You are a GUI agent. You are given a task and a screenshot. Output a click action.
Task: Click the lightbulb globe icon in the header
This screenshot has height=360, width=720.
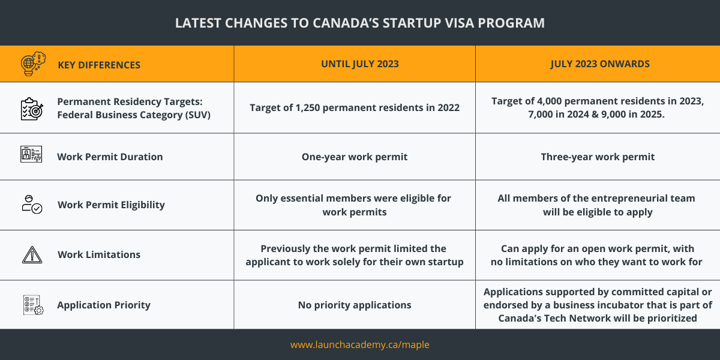[33, 64]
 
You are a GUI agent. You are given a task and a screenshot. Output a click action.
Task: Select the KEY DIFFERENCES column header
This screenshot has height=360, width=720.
[99, 65]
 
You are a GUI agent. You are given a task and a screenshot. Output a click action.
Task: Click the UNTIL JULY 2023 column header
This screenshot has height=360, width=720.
[359, 64]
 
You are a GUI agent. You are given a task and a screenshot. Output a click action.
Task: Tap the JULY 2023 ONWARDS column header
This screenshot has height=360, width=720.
[600, 64]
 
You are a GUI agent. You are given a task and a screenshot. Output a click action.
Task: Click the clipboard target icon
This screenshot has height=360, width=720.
[31, 109]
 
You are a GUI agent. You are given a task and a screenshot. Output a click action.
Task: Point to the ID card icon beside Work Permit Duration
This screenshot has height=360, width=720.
[31, 154]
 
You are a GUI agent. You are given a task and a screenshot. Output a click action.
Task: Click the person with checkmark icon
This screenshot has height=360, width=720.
[32, 205]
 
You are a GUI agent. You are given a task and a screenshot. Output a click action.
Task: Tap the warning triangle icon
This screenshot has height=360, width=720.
[32, 255]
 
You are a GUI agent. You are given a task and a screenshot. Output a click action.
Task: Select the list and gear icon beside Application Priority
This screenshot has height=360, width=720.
[33, 305]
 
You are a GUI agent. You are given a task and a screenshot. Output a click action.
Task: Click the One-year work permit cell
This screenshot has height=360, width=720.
[355, 157]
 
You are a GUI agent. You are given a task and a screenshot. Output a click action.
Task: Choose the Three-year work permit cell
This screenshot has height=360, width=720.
[598, 157]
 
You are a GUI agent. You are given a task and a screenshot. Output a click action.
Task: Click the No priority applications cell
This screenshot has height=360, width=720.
[355, 305]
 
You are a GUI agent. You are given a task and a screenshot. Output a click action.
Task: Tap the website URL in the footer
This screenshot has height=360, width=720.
[359, 344]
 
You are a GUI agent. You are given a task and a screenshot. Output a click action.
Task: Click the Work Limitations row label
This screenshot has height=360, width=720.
[99, 254]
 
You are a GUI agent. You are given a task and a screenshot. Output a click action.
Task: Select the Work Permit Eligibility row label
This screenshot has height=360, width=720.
[111, 205]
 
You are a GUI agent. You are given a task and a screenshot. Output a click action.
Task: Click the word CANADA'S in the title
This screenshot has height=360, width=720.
[346, 23]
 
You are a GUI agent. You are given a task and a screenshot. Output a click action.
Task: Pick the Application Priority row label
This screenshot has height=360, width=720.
[104, 305]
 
